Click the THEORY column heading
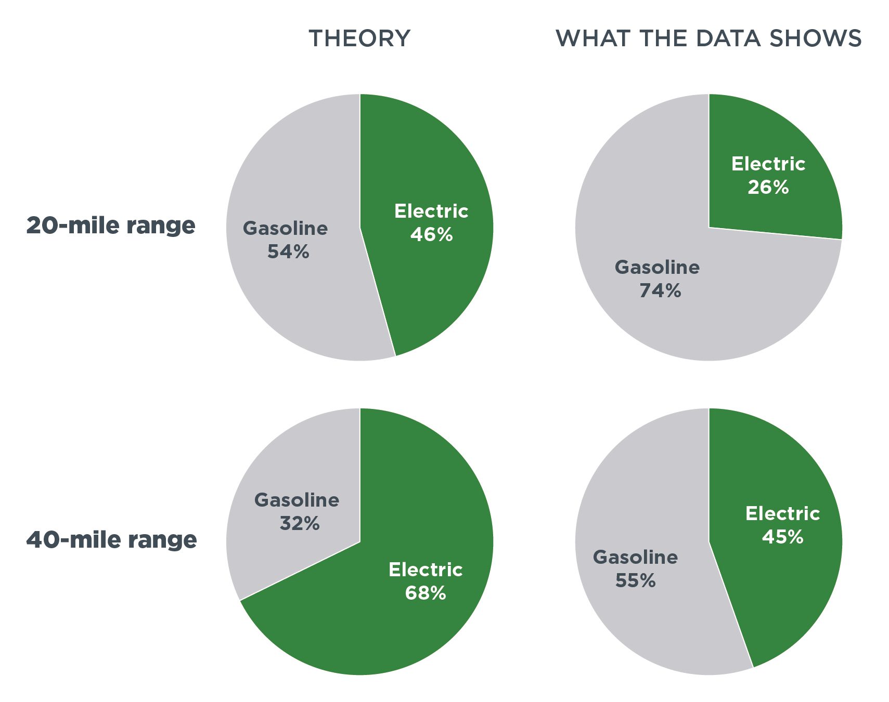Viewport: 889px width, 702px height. coord(359,39)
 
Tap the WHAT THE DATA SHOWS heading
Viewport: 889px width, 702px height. coord(708,39)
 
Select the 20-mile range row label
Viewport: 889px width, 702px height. coord(111,226)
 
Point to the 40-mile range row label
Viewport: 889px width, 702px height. coord(111,540)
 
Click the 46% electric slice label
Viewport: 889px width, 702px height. coord(431,235)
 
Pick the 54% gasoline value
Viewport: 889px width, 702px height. coord(288,252)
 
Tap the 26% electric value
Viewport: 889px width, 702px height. coord(768,187)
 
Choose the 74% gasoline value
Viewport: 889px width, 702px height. coord(660,291)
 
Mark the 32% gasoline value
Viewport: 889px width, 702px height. coord(300,523)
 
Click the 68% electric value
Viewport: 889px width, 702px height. coord(426,593)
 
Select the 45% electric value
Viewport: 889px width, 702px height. coord(782,537)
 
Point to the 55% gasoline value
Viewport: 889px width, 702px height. coord(635,580)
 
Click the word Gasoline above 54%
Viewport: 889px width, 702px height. coord(285,229)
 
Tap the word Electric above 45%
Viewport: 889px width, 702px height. coord(782,513)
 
